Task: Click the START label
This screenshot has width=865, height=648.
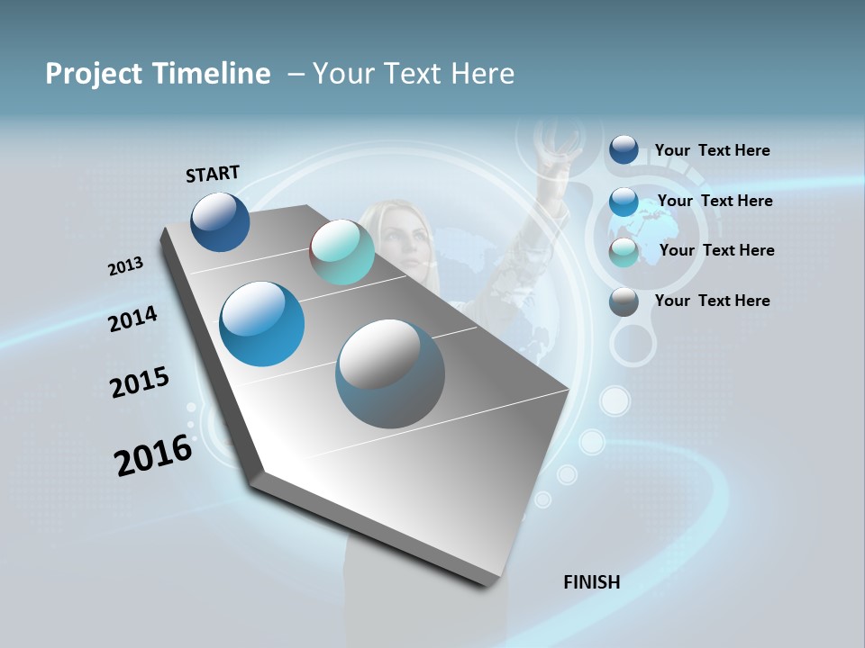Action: [x=213, y=174]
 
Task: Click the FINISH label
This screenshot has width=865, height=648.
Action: [x=591, y=582]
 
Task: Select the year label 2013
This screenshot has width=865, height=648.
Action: [x=125, y=266]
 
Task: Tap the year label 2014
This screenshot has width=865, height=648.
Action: [x=132, y=319]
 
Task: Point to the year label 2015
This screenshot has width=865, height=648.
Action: [x=139, y=382]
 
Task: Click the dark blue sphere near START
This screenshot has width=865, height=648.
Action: [x=220, y=221]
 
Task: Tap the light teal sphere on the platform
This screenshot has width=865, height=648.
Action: [x=341, y=252]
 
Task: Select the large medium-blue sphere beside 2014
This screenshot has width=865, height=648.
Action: [x=261, y=324]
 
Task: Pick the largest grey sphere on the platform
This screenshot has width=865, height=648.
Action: [x=390, y=373]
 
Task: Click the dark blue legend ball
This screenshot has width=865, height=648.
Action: [x=624, y=149]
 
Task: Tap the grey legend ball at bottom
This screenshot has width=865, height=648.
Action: [x=624, y=301]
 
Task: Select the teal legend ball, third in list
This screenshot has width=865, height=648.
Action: [x=624, y=252]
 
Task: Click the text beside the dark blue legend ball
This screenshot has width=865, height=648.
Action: [x=712, y=150]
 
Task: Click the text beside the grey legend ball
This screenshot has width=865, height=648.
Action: [x=712, y=301]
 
